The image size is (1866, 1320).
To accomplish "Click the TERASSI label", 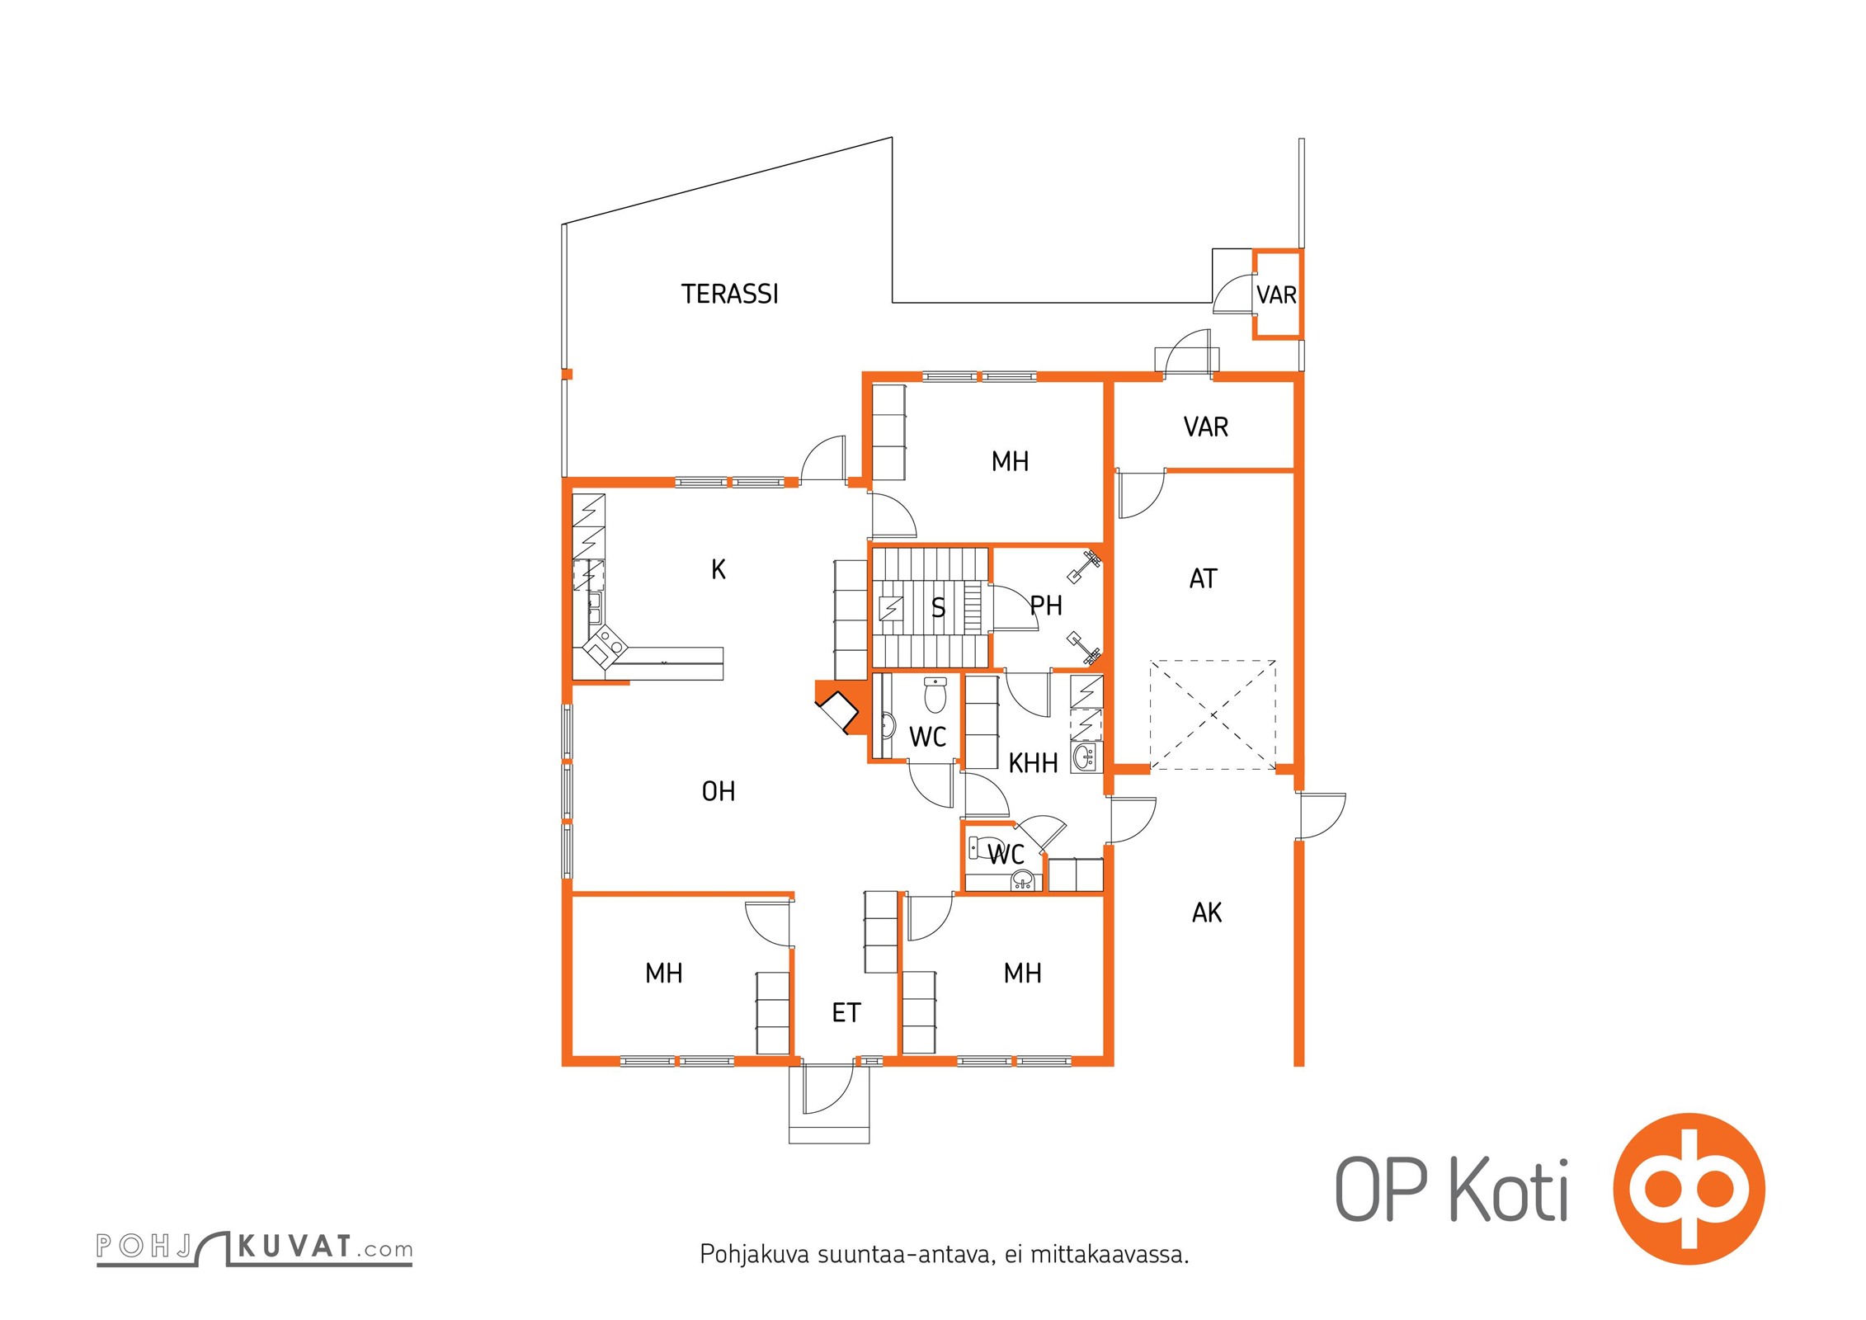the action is click(x=729, y=294).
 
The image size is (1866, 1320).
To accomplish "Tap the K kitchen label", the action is click(x=719, y=569).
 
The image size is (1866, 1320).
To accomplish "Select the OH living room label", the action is click(x=718, y=791).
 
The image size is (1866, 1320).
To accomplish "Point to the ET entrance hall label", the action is click(x=846, y=1012).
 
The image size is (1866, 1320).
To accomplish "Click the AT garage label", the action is click(x=1203, y=578).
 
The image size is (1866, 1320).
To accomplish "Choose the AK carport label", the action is click(x=1207, y=912).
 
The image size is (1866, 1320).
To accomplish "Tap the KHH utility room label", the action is click(x=1033, y=763).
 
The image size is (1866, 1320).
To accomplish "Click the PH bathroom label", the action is click(x=1046, y=606).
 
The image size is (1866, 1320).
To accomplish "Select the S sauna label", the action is click(x=938, y=608).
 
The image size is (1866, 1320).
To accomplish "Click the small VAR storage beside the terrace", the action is click(x=1276, y=295).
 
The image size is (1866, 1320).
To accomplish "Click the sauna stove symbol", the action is click(x=891, y=609).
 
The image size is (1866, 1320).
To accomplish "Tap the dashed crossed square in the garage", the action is click(x=1213, y=715).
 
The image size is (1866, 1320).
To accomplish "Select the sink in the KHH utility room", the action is click(x=1086, y=755).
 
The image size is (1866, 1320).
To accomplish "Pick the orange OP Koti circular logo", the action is click(x=1689, y=1189).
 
